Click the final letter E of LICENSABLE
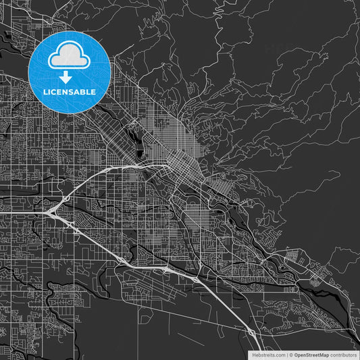tap(93, 91)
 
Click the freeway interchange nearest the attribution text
tap(252, 332)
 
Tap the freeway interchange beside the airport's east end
tap(195, 278)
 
